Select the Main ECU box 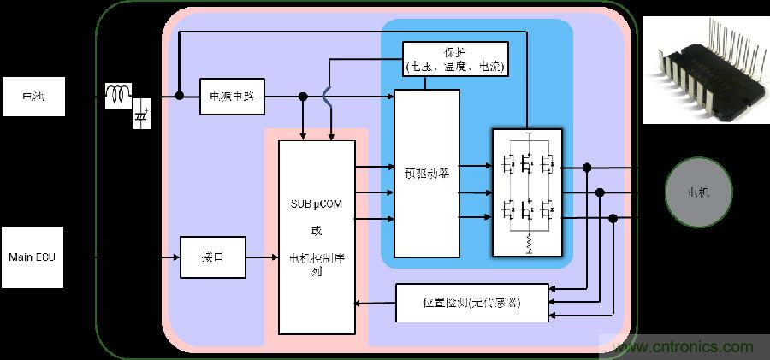(33, 257)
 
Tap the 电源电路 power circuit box (232, 97)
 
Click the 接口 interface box (212, 257)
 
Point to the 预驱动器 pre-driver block (427, 173)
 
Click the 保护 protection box (455, 58)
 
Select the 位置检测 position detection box (471, 303)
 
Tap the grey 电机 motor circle (699, 193)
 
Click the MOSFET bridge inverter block (527, 192)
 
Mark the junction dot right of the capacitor (179, 96)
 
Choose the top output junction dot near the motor (587, 168)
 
